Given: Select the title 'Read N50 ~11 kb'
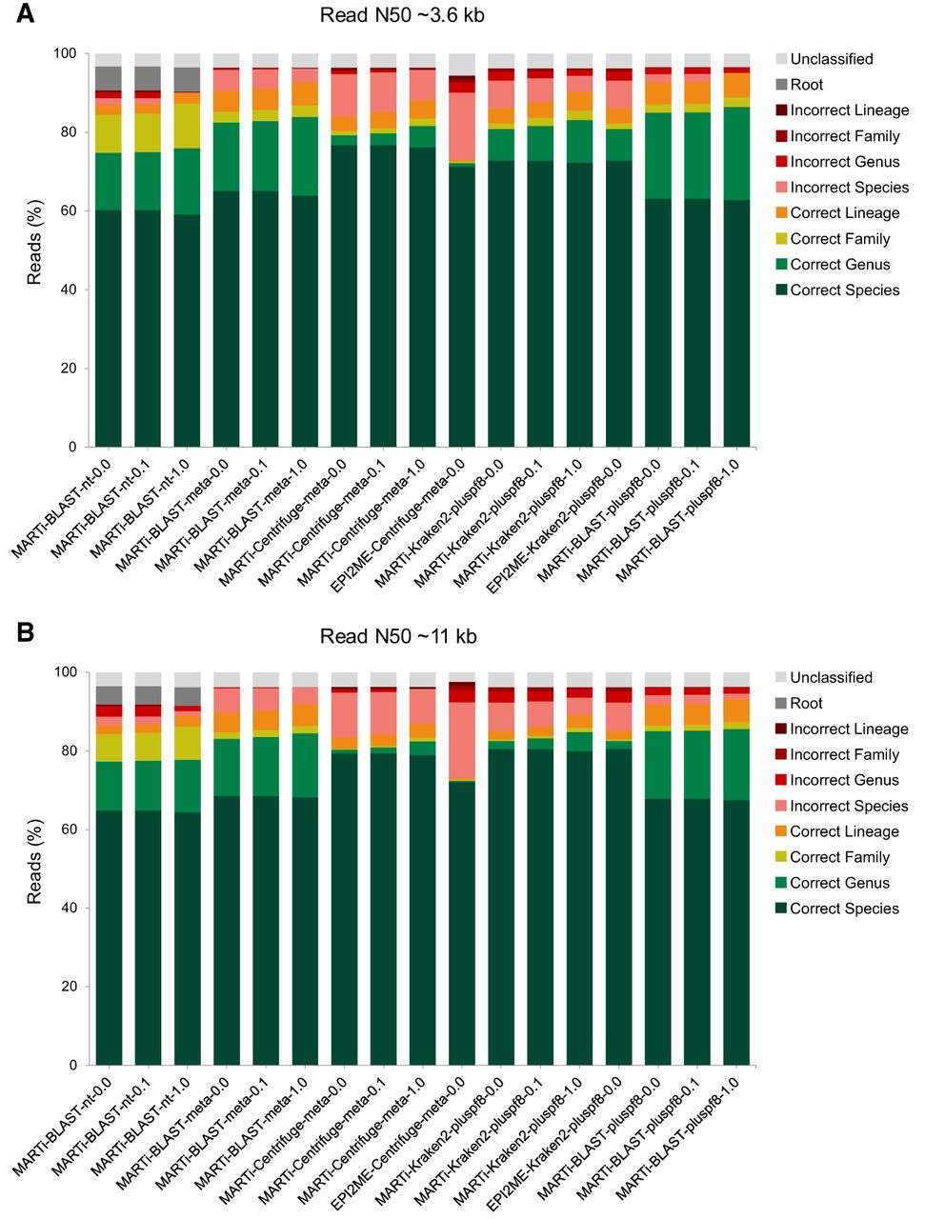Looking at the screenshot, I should coord(398,636).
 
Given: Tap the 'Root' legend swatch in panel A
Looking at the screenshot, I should coord(781,85).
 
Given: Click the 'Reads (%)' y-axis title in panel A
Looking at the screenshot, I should coord(35,243).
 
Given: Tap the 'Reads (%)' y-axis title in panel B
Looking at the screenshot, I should coord(35,862).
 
